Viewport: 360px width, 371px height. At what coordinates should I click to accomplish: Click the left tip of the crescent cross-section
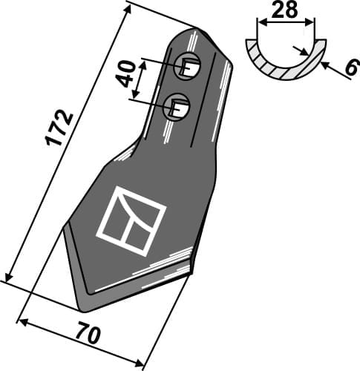coord(246,45)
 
